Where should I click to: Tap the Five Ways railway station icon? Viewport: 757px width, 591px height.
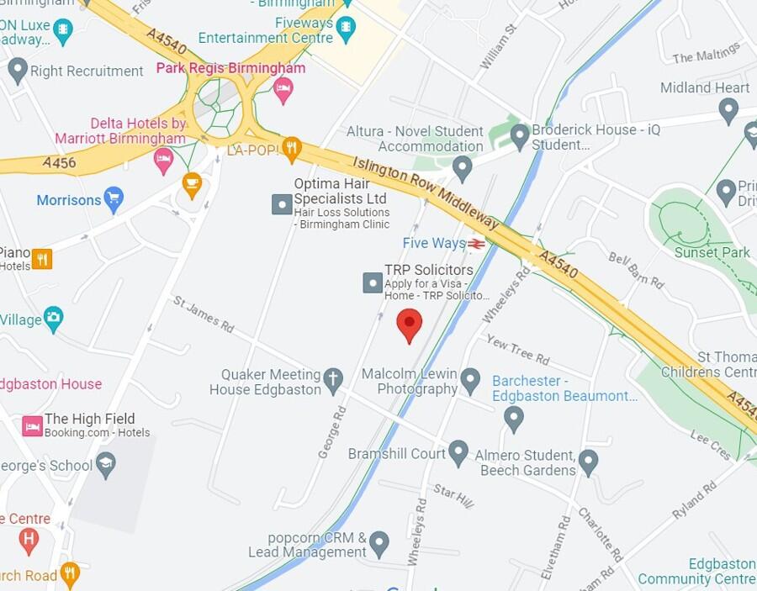(x=477, y=244)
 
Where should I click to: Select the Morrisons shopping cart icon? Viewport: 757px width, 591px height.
(x=114, y=199)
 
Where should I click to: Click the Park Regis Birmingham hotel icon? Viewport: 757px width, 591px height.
(x=283, y=90)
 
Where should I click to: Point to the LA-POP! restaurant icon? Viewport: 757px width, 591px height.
(x=291, y=150)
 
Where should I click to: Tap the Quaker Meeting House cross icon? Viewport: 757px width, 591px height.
(x=333, y=380)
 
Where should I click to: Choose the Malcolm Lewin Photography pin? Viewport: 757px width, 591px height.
(x=470, y=380)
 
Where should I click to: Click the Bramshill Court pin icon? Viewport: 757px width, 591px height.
(x=458, y=452)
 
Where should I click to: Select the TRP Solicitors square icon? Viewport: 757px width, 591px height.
(x=373, y=282)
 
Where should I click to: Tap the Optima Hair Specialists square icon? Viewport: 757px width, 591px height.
(x=282, y=203)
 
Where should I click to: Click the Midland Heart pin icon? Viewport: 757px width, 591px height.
(x=728, y=110)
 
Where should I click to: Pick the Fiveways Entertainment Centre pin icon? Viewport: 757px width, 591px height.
(x=345, y=30)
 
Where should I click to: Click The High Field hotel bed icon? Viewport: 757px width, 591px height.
(x=33, y=426)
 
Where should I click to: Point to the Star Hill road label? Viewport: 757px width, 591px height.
(x=453, y=495)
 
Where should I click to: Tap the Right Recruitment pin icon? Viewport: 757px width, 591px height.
(x=18, y=71)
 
